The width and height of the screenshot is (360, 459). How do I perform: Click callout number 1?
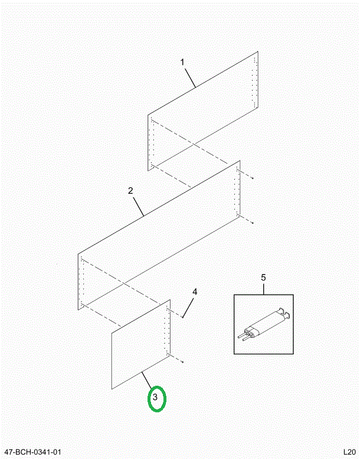pyautogui.click(x=182, y=63)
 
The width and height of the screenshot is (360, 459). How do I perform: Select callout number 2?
pyautogui.click(x=130, y=191)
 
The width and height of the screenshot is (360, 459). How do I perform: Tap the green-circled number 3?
pyautogui.click(x=155, y=397)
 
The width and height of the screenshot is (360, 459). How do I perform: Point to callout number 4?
pyautogui.click(x=195, y=292)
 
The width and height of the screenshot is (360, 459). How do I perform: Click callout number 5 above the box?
pyautogui.click(x=263, y=278)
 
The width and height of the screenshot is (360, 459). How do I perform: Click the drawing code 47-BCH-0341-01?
pyautogui.click(x=32, y=452)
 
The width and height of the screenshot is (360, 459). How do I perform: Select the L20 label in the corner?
pyautogui.click(x=349, y=452)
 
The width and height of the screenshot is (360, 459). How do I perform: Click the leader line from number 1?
pyautogui.click(x=189, y=77)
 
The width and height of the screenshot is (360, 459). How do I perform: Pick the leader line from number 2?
pyautogui.click(x=138, y=207)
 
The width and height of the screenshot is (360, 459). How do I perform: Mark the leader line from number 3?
pyautogui.click(x=147, y=380)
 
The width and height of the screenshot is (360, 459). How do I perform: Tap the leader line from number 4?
pyautogui.click(x=188, y=307)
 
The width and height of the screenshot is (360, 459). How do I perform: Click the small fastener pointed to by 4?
pyautogui.click(x=182, y=317)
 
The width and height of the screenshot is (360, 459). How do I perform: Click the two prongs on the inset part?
pyautogui.click(x=243, y=337)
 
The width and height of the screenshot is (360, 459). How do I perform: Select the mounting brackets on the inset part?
pyautogui.click(x=284, y=312)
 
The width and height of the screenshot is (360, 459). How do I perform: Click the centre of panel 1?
pyautogui.click(x=202, y=111)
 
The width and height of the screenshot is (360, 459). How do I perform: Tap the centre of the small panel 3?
pyautogui.click(x=141, y=344)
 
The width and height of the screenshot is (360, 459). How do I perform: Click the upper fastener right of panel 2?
pyautogui.click(x=253, y=178)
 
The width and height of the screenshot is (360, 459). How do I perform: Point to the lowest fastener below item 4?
pyautogui.click(x=182, y=362)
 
